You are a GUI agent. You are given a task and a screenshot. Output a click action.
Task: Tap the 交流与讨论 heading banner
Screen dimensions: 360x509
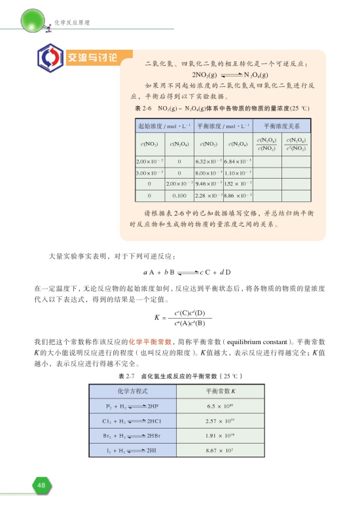click(x=92, y=55)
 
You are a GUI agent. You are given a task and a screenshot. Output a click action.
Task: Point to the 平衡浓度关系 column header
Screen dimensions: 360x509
click(x=279, y=125)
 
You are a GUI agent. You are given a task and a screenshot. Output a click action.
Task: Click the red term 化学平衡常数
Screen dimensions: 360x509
click(x=150, y=342)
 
